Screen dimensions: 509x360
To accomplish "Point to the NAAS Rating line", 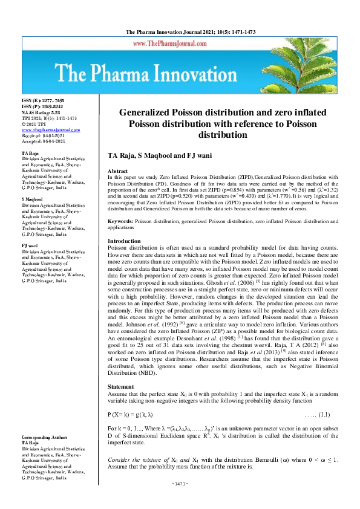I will coord(41,112).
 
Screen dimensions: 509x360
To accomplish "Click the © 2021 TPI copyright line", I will coord(34,125).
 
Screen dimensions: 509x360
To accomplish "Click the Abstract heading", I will coord(117,172).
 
